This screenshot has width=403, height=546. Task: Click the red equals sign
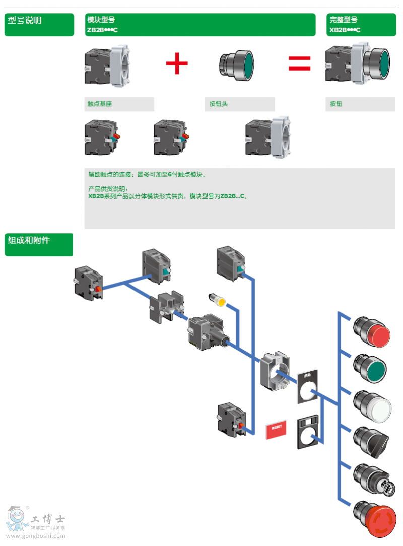299,63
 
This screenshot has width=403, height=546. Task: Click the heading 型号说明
25,20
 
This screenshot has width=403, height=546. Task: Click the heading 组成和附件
29,240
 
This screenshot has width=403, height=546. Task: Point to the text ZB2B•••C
102,30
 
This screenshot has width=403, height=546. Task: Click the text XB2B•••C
345,30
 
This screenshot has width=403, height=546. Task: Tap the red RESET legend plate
276,429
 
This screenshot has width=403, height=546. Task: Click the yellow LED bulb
219,301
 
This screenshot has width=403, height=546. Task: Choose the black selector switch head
374,442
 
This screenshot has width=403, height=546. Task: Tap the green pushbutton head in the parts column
373,369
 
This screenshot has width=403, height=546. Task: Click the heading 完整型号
344,20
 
